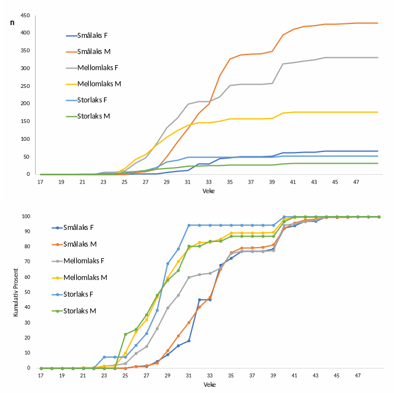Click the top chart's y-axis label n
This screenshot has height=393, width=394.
point(12,22)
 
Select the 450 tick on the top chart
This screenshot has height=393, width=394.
point(24,16)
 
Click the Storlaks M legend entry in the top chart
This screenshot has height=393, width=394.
point(93,116)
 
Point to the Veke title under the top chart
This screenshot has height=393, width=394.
point(209,191)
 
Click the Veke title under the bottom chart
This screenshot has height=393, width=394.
point(209,385)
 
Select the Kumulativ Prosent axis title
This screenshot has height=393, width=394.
point(17,292)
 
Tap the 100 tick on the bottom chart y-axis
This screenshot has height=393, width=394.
point(26,217)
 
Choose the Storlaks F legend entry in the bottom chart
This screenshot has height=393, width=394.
point(86,293)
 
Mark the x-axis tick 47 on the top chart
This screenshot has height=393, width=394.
point(357,181)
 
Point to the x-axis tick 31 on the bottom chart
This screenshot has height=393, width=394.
point(189,375)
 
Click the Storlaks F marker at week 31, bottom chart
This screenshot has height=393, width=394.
point(189,225)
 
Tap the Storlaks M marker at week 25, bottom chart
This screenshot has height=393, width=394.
point(125,334)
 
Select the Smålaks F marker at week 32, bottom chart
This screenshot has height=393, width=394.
point(199,299)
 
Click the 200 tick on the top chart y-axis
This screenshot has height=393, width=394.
point(24,104)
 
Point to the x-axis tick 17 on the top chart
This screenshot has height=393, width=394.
point(40,181)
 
